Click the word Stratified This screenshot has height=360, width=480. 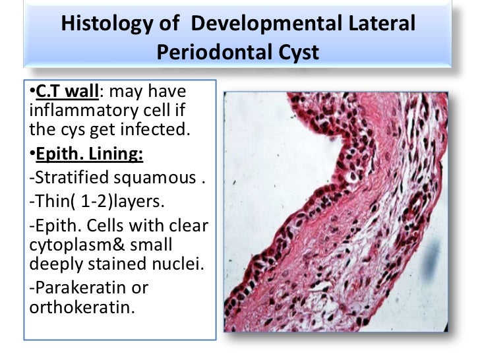click(66, 178)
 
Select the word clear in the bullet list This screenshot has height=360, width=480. click(187, 226)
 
